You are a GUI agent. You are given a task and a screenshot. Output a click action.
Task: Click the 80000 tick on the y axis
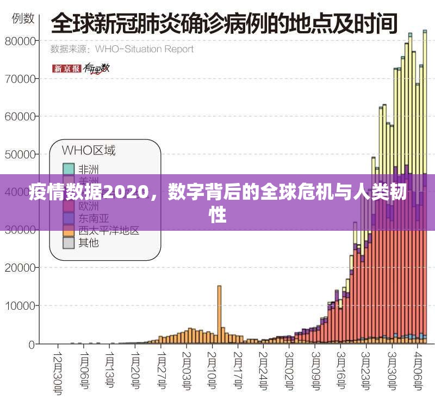(x=21, y=41)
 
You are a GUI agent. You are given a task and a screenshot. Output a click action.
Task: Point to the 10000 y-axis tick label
(x=21, y=306)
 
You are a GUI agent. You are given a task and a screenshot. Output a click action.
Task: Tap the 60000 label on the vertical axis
(x=21, y=116)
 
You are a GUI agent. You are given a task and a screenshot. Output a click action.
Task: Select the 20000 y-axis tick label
(x=21, y=268)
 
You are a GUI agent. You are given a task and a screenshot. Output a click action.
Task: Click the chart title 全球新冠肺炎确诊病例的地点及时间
(x=223, y=25)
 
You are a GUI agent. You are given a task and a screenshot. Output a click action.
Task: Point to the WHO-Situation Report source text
(x=144, y=49)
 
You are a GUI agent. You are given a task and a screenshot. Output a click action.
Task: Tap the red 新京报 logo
(x=66, y=69)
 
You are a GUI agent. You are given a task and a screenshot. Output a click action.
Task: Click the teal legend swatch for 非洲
(x=68, y=169)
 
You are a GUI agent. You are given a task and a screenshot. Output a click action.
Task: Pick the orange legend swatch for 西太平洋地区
(x=68, y=231)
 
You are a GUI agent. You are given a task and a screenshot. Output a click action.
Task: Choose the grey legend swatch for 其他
(x=68, y=243)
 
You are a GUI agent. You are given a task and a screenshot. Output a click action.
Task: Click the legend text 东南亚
(x=89, y=218)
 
